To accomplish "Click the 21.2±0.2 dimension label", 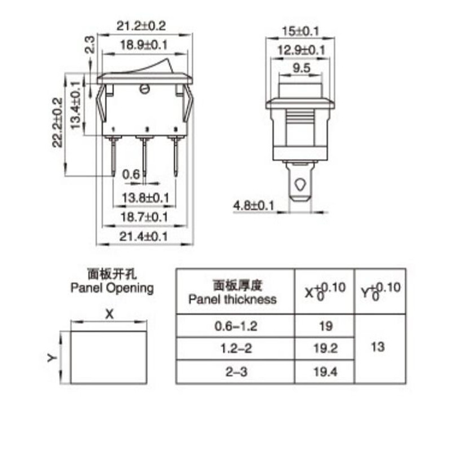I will pyautogui.click(x=144, y=26).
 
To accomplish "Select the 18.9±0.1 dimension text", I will pyautogui.click(x=144, y=46).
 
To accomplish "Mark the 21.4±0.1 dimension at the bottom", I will pyautogui.click(x=144, y=237).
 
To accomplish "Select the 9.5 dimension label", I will pyautogui.click(x=300, y=68).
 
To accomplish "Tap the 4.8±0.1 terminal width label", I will pyautogui.click(x=254, y=206).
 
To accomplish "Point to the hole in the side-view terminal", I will pyautogui.click(x=300, y=184).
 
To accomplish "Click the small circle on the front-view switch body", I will pyautogui.click(x=144, y=89).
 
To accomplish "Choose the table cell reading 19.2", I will pyautogui.click(x=324, y=348).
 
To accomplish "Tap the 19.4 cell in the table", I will pyautogui.click(x=324, y=371).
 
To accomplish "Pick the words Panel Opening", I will pyautogui.click(x=112, y=288).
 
